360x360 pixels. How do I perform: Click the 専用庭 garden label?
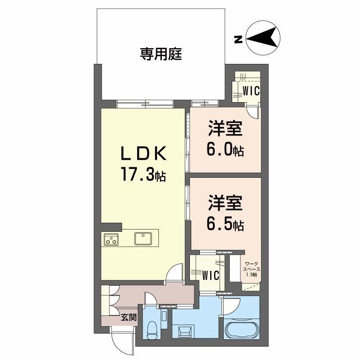tap(161, 55)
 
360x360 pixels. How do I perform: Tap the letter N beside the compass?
tap(238, 39)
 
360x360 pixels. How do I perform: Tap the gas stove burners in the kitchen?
tap(111, 239)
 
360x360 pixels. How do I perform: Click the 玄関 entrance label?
tap(129, 318)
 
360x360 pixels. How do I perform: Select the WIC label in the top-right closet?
tap(251, 91)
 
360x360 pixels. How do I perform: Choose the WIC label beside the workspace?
tap(210, 274)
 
